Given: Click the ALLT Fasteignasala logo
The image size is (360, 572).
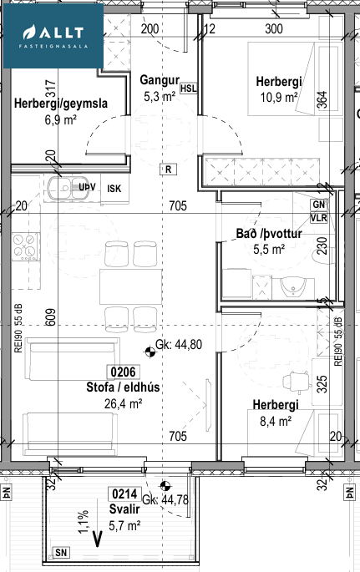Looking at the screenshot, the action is click(x=53, y=36).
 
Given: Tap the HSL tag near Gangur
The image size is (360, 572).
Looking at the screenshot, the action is click(x=189, y=88).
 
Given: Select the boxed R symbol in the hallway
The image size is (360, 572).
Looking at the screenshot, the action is click(x=168, y=170).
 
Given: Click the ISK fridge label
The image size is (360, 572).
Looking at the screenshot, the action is click(x=114, y=189).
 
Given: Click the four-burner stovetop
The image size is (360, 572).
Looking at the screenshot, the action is click(x=26, y=246).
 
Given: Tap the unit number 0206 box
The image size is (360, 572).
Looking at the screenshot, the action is click(x=123, y=372).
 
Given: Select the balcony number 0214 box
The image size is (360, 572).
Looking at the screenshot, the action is click(x=124, y=494).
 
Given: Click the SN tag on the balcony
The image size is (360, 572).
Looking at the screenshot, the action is click(x=61, y=553).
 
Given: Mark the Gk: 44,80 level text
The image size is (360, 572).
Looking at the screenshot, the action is click(x=179, y=344).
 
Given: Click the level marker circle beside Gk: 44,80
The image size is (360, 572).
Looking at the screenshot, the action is click(x=150, y=352).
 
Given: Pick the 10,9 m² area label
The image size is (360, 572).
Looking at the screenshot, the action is click(x=279, y=98).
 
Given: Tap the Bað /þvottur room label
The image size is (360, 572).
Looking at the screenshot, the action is click(x=269, y=233).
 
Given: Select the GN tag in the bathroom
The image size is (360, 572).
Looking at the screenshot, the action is click(x=319, y=205).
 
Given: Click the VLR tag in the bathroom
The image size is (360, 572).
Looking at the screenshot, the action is click(x=318, y=218).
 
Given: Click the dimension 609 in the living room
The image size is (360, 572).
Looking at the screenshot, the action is click(x=51, y=317).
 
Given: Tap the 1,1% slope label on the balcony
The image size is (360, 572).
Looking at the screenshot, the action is click(x=84, y=522).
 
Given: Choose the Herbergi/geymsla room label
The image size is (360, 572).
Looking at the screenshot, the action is click(x=61, y=104).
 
